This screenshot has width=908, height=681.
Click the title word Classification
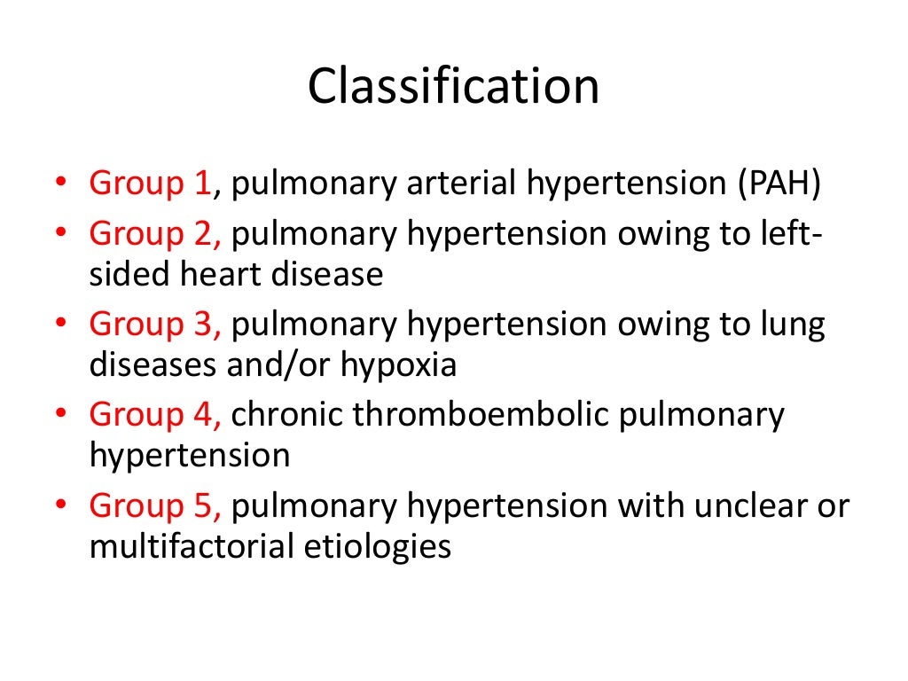453,88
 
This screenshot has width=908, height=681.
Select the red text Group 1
150,184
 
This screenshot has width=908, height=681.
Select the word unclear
747,505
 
